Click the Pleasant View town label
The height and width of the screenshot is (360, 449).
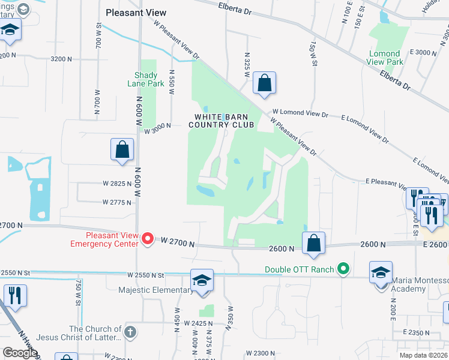tap(136, 12)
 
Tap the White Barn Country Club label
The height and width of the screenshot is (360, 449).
tap(221, 121)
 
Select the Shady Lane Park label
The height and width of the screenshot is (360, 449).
tap(142, 79)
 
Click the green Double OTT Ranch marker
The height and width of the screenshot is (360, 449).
tap(343, 269)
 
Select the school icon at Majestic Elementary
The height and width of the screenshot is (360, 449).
tap(202, 280)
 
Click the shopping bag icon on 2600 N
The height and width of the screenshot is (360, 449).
tap(313, 243)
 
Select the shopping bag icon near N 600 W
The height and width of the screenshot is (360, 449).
tap(122, 150)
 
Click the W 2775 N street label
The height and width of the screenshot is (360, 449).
tap(116, 202)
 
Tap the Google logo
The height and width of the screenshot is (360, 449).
tap(19, 353)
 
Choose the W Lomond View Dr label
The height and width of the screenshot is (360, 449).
tap(300, 113)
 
